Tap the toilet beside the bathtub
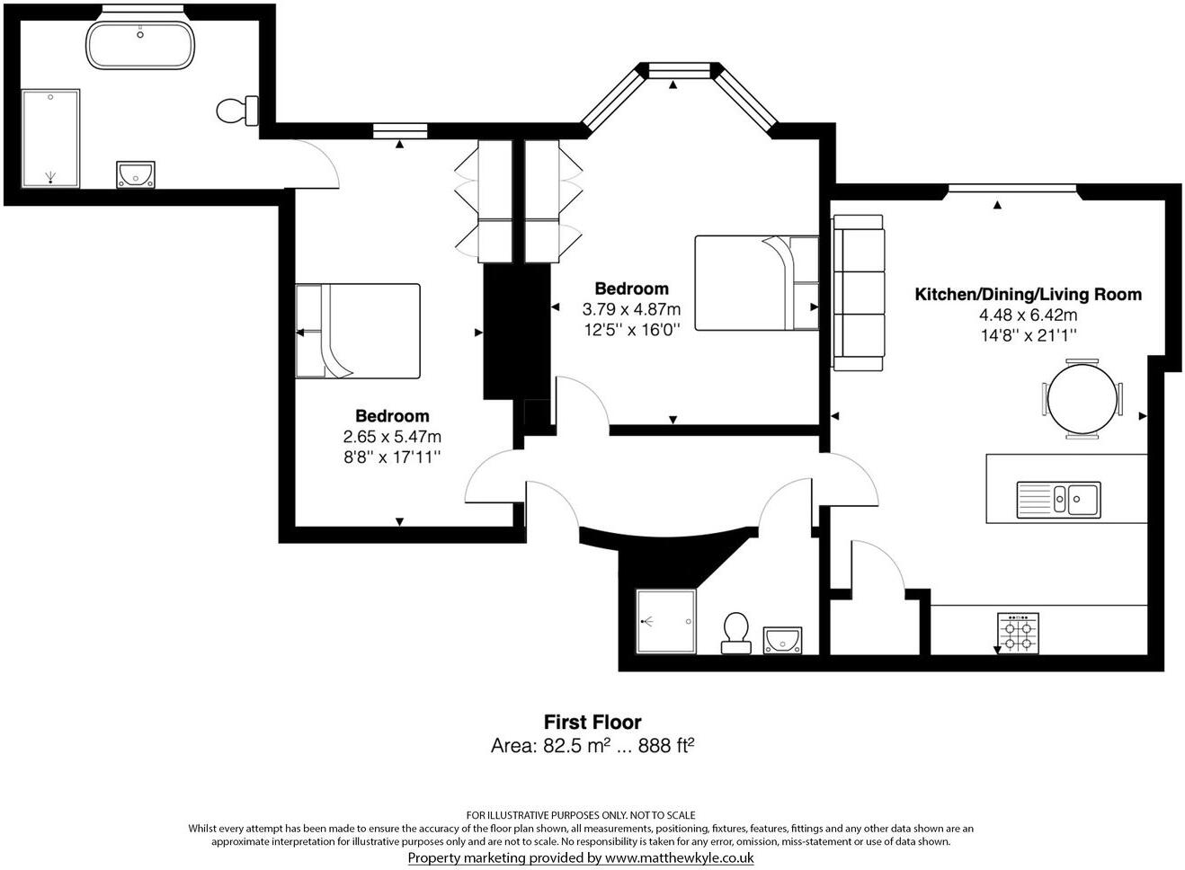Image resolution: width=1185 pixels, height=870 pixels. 236,111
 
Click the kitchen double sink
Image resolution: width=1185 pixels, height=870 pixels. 1058,499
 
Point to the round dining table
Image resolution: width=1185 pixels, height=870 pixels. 1083,399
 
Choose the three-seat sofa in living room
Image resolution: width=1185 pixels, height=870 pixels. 858,292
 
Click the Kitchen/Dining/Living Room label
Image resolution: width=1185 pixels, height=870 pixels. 1028,294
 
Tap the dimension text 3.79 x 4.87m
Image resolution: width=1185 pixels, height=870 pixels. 631,309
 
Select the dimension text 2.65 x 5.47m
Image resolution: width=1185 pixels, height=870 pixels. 392,437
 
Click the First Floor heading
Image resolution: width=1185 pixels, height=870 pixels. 592,722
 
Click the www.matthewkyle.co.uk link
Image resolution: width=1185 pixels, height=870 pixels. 679,857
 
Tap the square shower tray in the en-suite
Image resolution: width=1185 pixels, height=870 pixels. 665,621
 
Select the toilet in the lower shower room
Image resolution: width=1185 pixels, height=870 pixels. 735,632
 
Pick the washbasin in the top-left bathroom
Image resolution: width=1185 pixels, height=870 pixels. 135,173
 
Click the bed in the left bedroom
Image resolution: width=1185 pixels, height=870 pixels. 358,331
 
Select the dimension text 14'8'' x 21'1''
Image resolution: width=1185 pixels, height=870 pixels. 1028,335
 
